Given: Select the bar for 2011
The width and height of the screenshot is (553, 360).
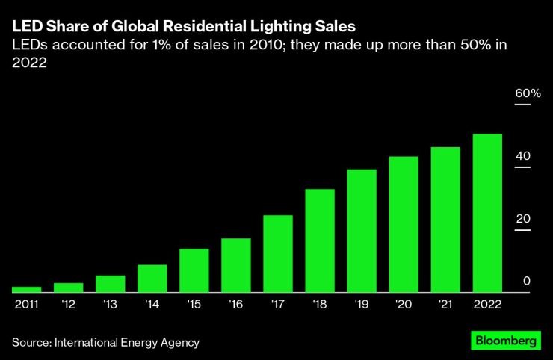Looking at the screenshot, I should [26, 289].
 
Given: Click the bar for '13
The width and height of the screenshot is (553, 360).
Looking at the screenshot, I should [110, 284].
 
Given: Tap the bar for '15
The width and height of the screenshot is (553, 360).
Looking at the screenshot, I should [194, 270].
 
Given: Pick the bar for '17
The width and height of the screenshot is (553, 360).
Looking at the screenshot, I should [277, 254].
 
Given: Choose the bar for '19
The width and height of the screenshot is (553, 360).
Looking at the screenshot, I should [362, 231].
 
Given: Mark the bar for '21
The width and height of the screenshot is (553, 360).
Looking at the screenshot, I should [445, 220].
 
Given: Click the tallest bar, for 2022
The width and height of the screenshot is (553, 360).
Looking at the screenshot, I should [487, 213].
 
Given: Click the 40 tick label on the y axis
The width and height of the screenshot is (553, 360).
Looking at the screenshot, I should [522, 156].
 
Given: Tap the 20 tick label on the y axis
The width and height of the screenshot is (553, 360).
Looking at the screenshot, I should [522, 219].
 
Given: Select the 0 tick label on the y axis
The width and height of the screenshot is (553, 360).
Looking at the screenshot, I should [526, 281].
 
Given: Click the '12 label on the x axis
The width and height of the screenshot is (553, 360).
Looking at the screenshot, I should [68, 305].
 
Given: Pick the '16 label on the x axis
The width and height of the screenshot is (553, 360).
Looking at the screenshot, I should [235, 305].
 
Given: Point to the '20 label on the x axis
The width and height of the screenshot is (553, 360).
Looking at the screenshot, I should [404, 305].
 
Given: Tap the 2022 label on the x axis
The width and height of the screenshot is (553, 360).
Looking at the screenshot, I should [487, 305].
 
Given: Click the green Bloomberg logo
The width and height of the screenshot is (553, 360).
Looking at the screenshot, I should [506, 341].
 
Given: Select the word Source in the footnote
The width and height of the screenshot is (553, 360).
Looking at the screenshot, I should [30, 343].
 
